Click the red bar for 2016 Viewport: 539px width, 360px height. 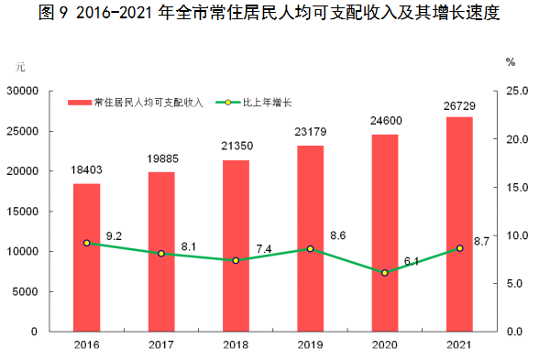(86, 257)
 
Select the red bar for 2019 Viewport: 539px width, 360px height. (311, 238)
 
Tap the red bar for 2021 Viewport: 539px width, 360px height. (459, 224)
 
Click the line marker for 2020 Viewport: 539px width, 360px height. (385, 273)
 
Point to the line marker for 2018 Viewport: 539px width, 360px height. (236, 260)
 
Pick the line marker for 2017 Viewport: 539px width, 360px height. (161, 254)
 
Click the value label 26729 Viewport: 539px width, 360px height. (459, 106)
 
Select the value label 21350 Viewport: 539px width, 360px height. (236, 146)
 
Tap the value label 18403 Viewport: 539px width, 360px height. (86, 169)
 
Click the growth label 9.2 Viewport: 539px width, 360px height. (114, 236)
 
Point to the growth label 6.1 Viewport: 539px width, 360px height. (412, 262)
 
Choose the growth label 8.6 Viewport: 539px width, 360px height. (338, 235)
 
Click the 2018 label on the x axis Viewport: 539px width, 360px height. (236, 344)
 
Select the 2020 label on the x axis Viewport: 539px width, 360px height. (385, 344)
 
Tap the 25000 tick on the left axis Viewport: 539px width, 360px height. (22, 131)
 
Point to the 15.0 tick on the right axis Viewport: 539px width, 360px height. (517, 188)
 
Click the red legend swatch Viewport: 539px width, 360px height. (80, 103)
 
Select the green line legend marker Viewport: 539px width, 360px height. (228, 103)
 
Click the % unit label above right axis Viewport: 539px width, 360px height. (511, 62)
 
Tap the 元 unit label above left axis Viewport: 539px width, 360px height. (20, 67)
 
